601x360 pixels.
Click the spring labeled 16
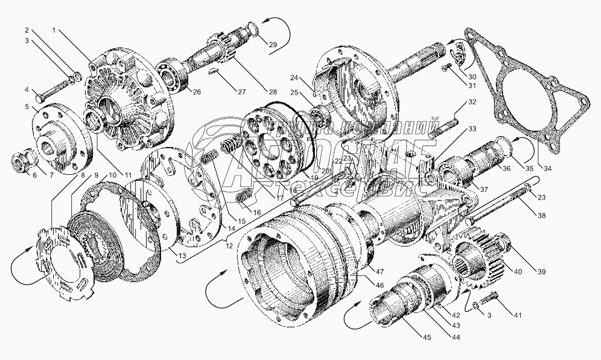click(244, 196)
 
